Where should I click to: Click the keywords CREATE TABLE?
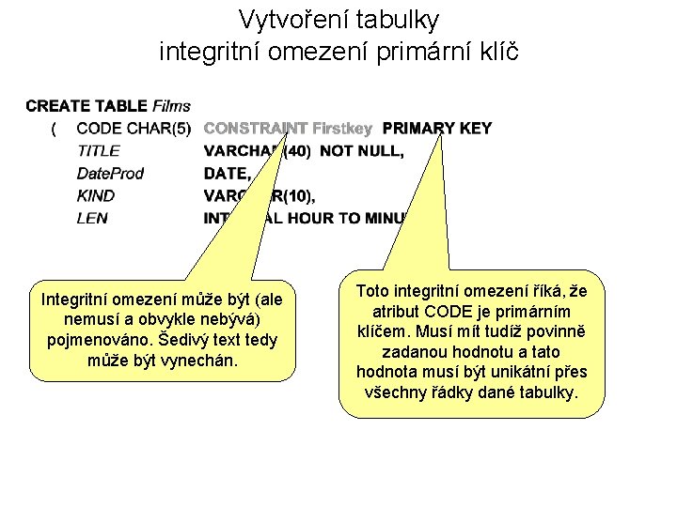click(87, 106)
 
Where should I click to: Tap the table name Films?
click(171, 106)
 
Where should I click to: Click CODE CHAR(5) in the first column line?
click(134, 129)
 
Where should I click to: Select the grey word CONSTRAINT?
click(256, 129)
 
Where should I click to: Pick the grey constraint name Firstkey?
click(342, 129)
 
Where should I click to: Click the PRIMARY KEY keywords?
click(437, 129)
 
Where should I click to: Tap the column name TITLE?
click(98, 150)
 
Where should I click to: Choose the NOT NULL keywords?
click(362, 150)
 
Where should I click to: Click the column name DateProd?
click(110, 173)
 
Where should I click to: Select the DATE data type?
click(227, 173)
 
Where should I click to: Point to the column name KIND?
click(96, 195)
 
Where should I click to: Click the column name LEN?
click(92, 218)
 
